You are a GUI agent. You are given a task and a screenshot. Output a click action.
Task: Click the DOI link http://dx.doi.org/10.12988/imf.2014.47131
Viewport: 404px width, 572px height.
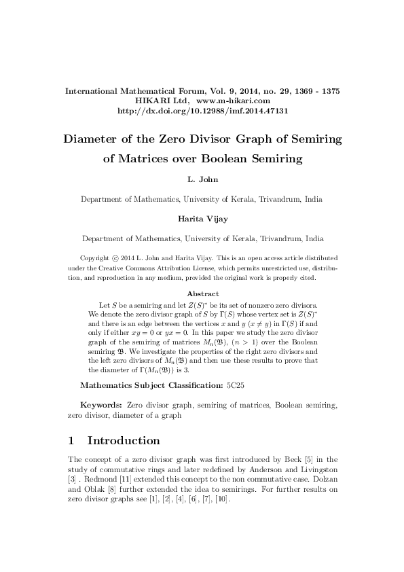(202, 110)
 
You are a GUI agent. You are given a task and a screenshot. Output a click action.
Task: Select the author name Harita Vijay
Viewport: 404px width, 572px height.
(202, 221)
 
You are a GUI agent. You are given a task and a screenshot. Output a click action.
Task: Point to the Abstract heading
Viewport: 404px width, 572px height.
(202, 293)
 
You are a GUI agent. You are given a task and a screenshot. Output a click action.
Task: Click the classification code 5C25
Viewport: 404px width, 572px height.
(236, 385)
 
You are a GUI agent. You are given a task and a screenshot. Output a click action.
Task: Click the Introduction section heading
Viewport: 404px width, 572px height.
(124, 440)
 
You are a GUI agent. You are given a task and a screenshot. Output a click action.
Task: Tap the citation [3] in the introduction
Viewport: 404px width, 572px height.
(74, 478)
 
